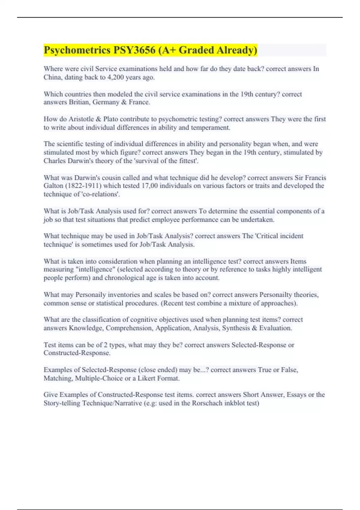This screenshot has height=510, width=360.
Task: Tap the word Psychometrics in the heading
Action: pyautogui.click(x=77, y=50)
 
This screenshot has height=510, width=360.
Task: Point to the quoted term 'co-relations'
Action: pyautogui.click(x=100, y=194)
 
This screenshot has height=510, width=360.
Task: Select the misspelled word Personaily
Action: pyautogui.click(x=91, y=295)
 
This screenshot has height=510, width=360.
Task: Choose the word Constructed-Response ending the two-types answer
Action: pyautogui.click(x=77, y=353)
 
